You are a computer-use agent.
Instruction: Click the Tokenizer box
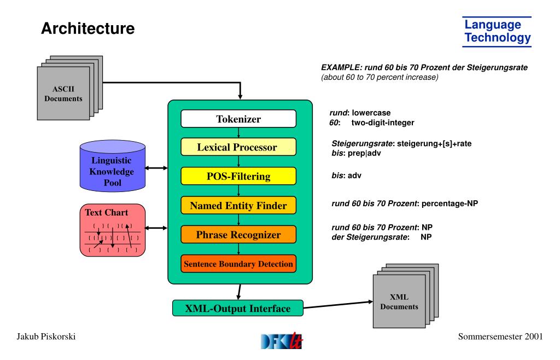[x=238, y=119]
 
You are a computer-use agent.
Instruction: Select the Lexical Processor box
[x=238, y=147]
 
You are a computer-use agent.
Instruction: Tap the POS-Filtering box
[x=238, y=176]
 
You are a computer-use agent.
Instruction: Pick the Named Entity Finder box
[x=238, y=205]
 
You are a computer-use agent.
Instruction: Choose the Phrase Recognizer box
[x=238, y=235]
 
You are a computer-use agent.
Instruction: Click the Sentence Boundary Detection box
[x=238, y=264]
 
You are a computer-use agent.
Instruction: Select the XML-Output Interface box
[x=237, y=308]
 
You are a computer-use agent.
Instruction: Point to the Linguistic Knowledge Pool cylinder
[x=113, y=166]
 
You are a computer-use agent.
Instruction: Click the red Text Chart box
[x=113, y=230]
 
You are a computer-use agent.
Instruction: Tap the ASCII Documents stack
[x=69, y=88]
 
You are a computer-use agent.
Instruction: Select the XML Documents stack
[x=406, y=295]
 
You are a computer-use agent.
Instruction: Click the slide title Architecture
[x=88, y=28]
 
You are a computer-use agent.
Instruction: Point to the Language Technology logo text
[x=497, y=31]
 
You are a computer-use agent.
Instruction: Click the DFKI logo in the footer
[x=282, y=341]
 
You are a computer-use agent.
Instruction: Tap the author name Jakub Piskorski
[x=46, y=336]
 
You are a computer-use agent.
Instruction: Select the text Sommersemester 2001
[x=500, y=336]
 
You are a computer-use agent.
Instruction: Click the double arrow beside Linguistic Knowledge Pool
[x=156, y=168]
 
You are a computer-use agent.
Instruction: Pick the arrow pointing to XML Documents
[x=338, y=305]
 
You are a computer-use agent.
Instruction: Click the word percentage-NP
[x=450, y=204]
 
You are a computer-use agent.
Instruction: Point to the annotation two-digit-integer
[x=383, y=123]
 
